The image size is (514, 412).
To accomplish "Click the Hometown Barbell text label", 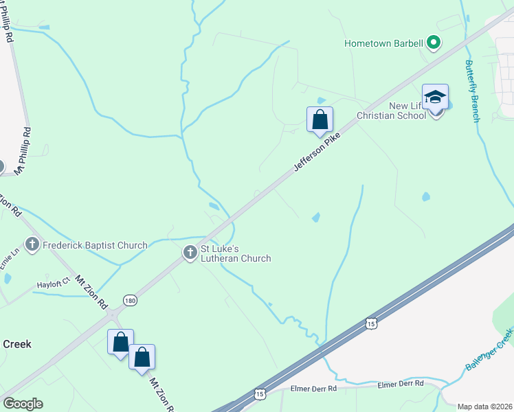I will coord(383,44).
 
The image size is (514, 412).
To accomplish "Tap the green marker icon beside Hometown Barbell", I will coord(434,44).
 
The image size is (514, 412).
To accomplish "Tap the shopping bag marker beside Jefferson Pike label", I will coord(320,119).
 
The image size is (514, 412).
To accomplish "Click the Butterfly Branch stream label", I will coord(473,90).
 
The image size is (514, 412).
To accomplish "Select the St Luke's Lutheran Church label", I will coord(235,253).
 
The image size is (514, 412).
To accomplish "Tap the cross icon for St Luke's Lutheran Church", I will coord(190,253).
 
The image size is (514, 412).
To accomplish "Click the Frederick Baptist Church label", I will coord(96,245).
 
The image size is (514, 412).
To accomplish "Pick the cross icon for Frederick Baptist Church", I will coord(32,244).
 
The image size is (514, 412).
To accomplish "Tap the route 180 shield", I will coord(130,300).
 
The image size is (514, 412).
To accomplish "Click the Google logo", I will coord(23,404).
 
